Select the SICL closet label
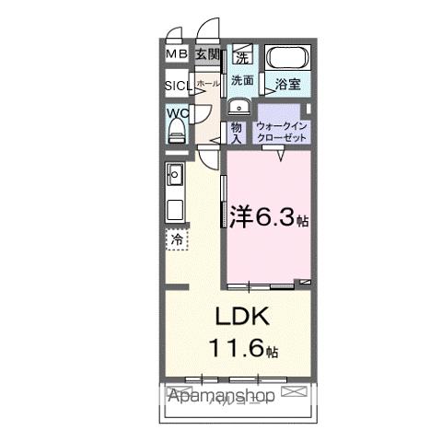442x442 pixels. coord(177,87)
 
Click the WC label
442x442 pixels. coord(177,113)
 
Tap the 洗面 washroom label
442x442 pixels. coord(242,80)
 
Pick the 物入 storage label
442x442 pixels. coord(236,132)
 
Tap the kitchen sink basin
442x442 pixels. coord(175,174)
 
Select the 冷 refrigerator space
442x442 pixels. coord(176,238)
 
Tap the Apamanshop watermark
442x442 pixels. coord(221,397)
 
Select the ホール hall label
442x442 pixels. coord(208,83)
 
